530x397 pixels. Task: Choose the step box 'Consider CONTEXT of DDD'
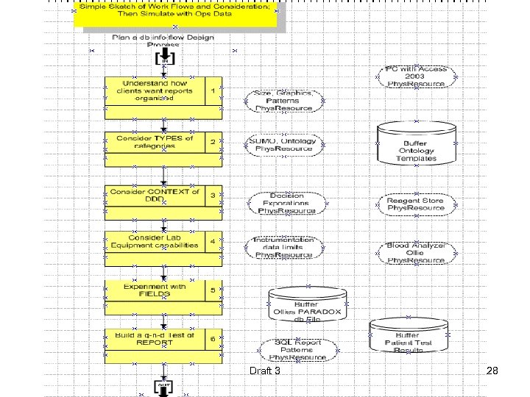(155, 196)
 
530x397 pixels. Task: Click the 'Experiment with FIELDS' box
(155, 290)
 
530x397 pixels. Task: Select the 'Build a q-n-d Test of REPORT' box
(155, 338)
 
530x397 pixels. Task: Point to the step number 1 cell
(213, 90)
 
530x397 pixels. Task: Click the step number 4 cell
(213, 241)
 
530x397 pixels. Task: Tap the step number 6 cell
(213, 339)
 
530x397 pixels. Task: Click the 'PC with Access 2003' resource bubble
(416, 76)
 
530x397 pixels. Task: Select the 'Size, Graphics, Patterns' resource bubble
(283, 101)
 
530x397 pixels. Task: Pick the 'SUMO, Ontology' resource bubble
(283, 145)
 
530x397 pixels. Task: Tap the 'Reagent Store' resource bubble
(416, 204)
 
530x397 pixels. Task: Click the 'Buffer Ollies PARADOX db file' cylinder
(307, 305)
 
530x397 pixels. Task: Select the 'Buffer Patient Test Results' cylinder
(408, 337)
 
